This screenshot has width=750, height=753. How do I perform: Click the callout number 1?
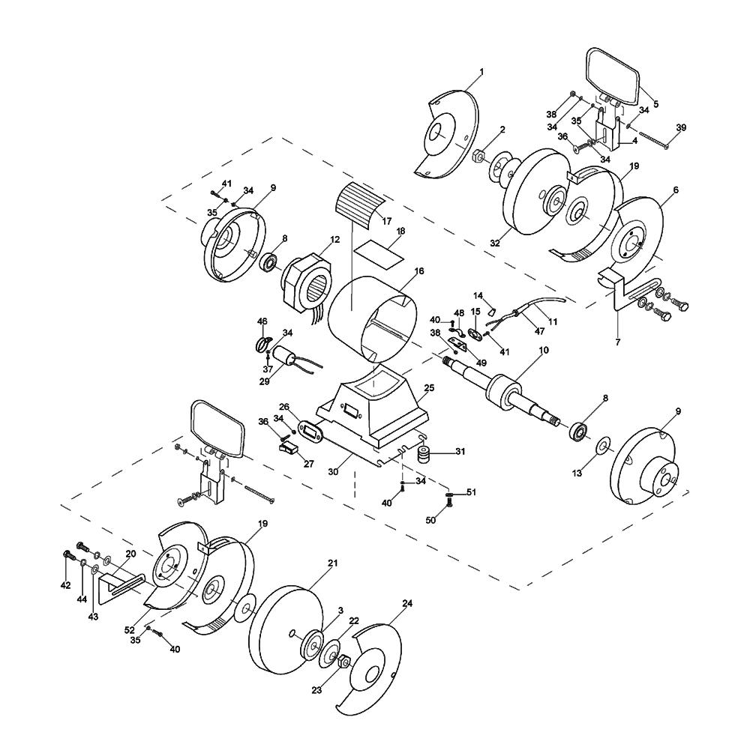[481, 72]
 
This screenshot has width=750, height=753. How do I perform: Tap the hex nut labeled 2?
[479, 156]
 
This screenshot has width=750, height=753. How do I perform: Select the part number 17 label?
[387, 221]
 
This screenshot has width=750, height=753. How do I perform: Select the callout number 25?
[429, 387]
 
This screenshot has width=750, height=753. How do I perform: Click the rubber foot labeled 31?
[424, 455]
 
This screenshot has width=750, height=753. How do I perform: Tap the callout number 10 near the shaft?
[544, 350]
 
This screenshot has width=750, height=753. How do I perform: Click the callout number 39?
[681, 127]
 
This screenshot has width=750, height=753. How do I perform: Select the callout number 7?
[618, 342]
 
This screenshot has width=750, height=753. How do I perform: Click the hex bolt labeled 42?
[67, 557]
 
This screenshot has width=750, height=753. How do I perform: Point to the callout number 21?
[333, 563]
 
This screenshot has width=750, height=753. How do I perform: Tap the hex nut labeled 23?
[344, 662]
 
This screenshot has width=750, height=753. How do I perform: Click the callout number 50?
[430, 520]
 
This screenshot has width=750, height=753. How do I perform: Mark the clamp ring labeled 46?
[262, 344]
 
